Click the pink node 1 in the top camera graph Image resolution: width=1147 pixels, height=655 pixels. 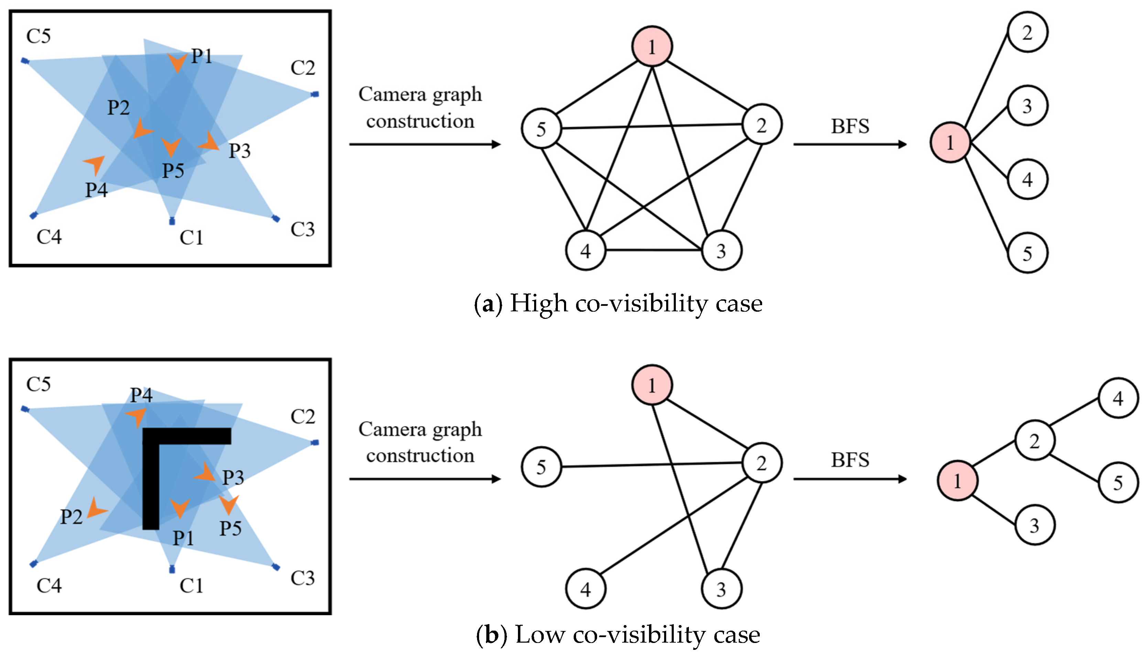click(x=652, y=46)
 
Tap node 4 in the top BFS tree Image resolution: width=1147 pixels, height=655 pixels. click(x=1027, y=179)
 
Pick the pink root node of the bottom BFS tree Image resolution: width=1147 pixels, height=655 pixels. click(x=957, y=480)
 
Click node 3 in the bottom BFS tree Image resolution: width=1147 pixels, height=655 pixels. click(x=1035, y=525)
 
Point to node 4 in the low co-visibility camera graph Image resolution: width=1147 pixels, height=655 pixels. click(x=585, y=589)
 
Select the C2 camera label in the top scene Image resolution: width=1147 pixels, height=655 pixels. click(x=303, y=68)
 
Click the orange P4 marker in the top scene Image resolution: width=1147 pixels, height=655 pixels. click(x=95, y=164)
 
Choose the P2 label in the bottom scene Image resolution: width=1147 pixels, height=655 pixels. click(x=71, y=517)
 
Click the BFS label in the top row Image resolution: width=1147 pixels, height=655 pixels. click(x=850, y=126)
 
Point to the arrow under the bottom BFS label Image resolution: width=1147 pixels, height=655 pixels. click(x=850, y=479)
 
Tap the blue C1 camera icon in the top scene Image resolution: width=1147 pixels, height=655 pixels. click(x=172, y=221)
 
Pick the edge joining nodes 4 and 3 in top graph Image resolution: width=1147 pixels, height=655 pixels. click(x=653, y=250)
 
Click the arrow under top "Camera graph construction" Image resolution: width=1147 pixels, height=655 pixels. click(x=425, y=144)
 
